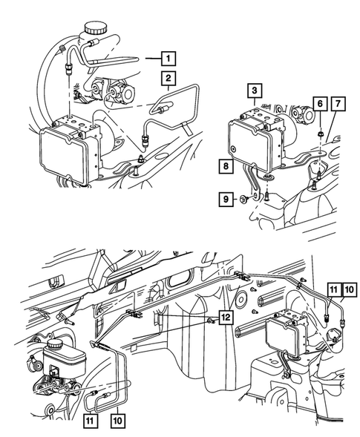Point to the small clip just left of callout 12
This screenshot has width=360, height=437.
click(x=210, y=321)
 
